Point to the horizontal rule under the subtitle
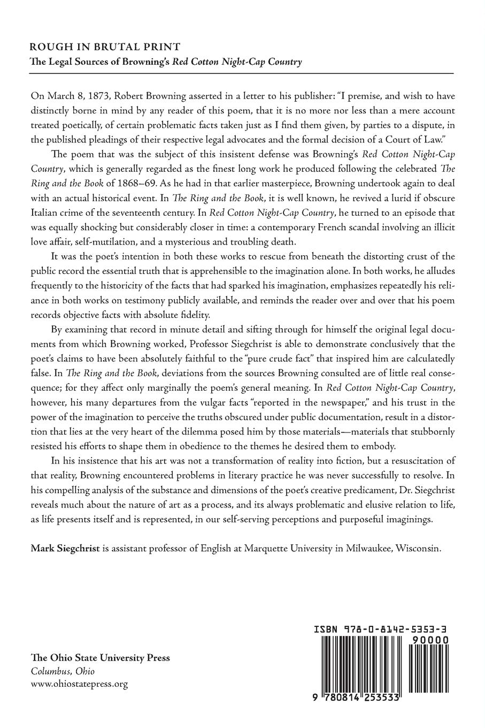click(242, 73)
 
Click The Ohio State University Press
click(101, 657)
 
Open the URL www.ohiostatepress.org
click(80, 684)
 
